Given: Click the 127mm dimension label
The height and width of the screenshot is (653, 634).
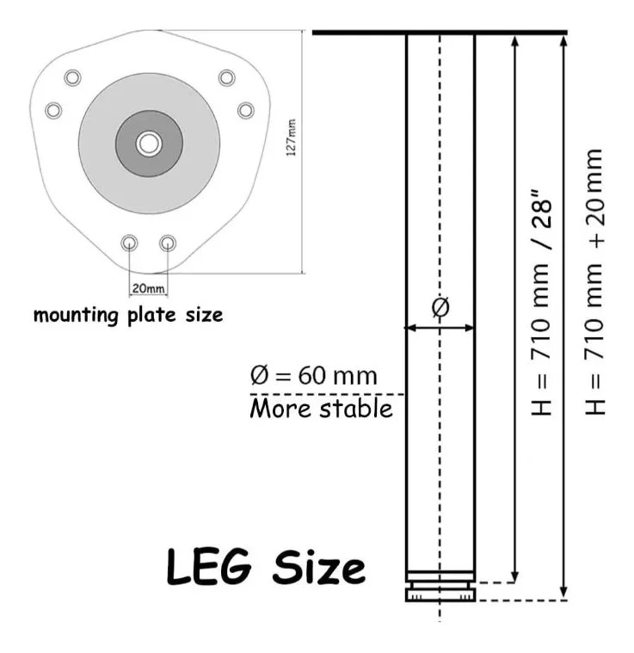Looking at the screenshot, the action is [291, 138].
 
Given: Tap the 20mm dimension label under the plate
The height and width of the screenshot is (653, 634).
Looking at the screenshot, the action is [148, 288].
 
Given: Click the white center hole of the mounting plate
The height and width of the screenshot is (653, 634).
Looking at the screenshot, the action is [149, 144].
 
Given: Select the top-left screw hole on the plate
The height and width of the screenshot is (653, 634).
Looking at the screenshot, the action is [72, 77].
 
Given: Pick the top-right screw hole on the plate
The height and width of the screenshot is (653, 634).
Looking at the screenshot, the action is [226, 77].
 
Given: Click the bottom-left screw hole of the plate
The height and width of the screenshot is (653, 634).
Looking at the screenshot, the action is [129, 243].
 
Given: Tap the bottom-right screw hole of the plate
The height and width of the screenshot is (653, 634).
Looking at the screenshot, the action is [168, 243].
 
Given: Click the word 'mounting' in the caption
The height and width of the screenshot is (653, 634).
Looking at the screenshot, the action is [77, 315].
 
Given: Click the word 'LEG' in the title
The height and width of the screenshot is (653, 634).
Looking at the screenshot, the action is [209, 567].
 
